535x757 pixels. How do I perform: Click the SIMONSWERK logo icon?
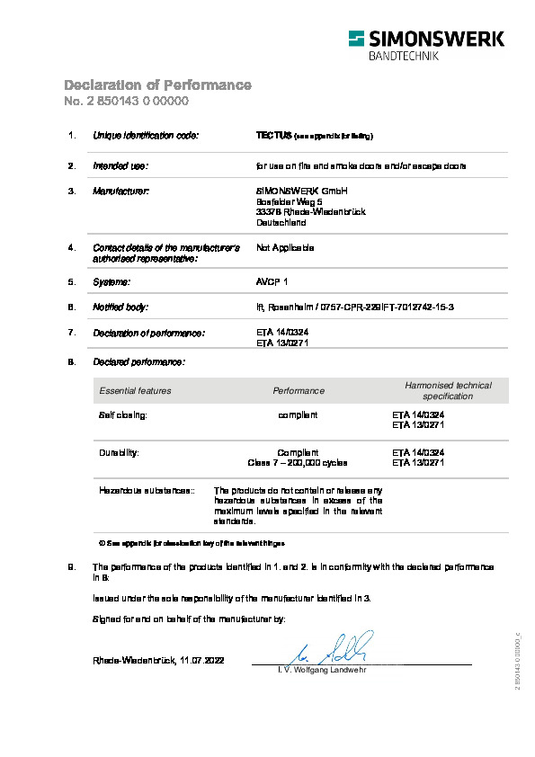(358, 39)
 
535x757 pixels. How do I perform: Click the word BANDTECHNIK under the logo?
(404, 56)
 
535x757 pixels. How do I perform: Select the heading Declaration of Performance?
(157, 85)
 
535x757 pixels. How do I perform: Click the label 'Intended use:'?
(120, 166)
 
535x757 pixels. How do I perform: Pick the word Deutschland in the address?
(281, 223)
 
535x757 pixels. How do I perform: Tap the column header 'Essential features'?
(135, 391)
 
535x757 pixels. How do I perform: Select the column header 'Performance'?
(299, 391)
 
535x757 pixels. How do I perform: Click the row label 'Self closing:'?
(122, 414)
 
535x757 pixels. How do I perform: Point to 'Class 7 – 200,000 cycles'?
(297, 462)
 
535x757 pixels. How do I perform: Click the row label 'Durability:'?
(119, 451)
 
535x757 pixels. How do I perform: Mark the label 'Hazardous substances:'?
(147, 491)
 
